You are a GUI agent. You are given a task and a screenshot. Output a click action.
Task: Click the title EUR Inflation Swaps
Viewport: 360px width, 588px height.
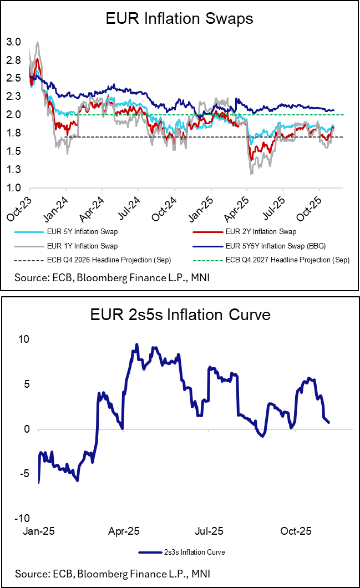(179, 19)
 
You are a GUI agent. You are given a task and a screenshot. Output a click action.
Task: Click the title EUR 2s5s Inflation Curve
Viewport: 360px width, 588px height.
(179, 315)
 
